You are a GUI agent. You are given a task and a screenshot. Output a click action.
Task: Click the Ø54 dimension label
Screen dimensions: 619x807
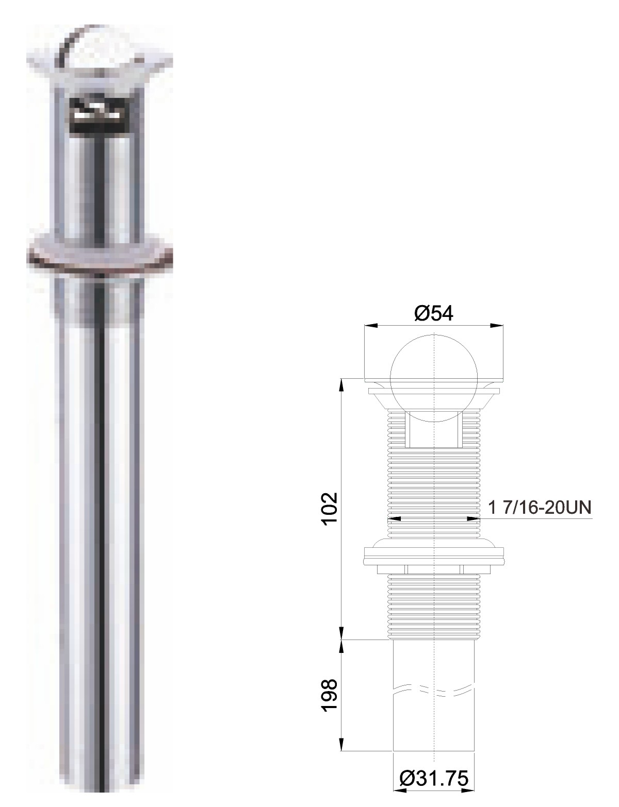tap(433, 314)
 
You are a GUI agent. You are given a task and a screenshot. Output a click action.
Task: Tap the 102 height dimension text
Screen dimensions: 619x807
tap(330, 509)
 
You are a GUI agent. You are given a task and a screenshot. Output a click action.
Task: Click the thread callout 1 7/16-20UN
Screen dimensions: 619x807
tap(540, 507)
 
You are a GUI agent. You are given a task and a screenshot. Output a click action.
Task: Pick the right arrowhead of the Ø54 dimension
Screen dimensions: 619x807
tap(497, 326)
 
